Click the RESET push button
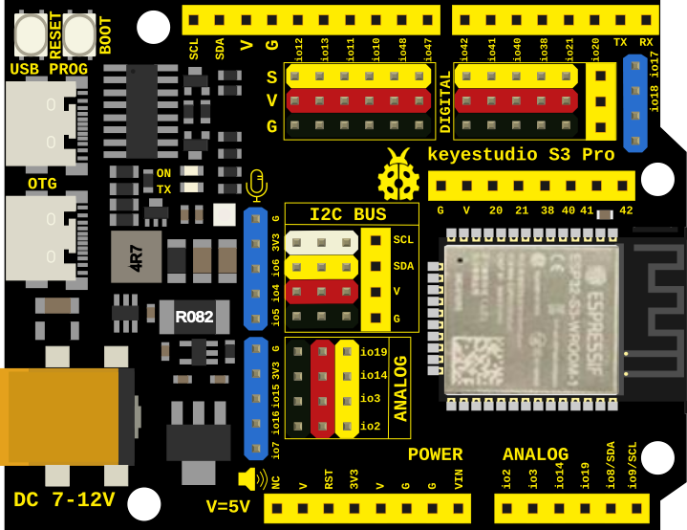31,34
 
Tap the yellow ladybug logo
398,174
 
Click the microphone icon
255,182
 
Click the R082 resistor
193,317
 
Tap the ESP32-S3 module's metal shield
531,319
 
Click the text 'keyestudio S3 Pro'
521,154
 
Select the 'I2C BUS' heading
348,214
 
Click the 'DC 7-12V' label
64,499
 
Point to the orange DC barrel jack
62,416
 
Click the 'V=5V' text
228,506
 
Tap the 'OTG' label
42,184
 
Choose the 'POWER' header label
435,454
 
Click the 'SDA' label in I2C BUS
403,266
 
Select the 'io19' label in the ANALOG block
374,352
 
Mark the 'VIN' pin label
460,478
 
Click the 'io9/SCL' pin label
633,466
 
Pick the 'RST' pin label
329,478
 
